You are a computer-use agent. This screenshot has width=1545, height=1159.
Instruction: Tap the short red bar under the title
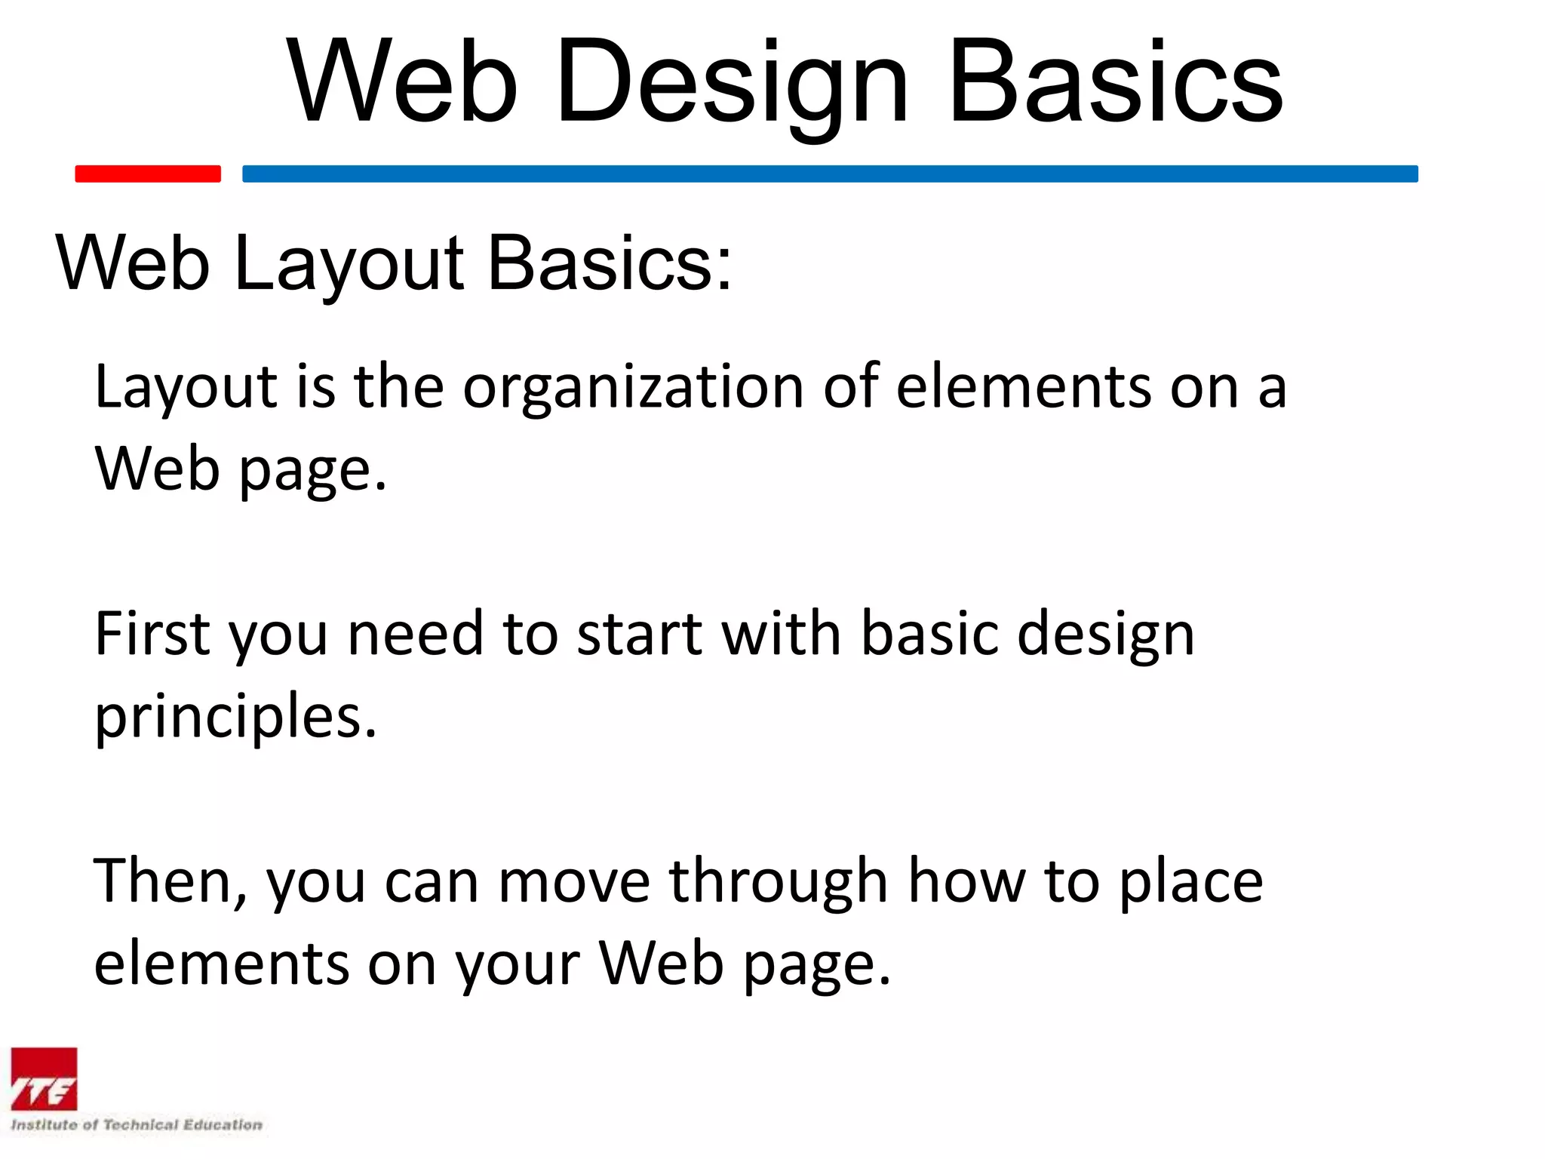coord(148,174)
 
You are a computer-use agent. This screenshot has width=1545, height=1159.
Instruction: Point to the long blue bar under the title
coord(830,174)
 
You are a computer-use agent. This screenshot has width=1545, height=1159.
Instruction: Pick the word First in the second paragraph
coord(152,634)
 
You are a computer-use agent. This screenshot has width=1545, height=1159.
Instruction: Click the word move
coord(573,881)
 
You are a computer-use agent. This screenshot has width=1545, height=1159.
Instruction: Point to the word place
coord(1190,881)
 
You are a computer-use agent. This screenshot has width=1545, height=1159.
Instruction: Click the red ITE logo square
coord(44,1079)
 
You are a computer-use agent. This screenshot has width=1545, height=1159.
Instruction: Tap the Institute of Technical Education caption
coord(136,1125)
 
